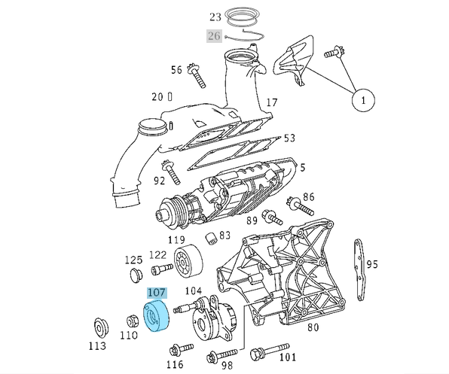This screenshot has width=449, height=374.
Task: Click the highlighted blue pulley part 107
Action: pos(157,315)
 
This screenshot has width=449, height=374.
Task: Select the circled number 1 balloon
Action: pos(363,99)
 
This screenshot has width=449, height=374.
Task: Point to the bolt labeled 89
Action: pos(273,219)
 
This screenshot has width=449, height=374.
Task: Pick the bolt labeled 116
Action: pos(180,349)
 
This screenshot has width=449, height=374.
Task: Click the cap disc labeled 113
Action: pos(99,328)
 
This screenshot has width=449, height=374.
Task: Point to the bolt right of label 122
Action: pos(160,269)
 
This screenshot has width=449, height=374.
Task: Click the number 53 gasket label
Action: pos(289,138)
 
